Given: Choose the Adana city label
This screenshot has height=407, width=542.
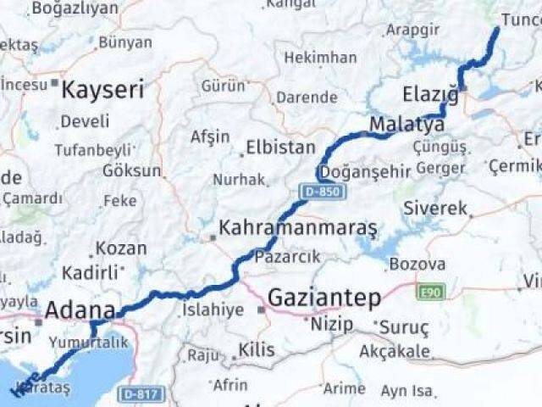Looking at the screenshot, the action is point(80,310).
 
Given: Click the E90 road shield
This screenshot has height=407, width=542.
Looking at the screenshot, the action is point(429,293).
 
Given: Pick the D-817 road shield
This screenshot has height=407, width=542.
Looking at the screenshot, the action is point(139,393).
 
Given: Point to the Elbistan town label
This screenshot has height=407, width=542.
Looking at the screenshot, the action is point(280,148).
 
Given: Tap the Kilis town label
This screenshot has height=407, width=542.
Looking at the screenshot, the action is point(257,349).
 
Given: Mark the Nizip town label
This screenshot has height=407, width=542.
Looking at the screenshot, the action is point(332,324).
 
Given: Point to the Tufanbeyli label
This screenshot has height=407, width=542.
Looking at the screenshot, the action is point(94,150).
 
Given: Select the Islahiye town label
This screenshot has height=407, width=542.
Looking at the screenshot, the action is point(213,309).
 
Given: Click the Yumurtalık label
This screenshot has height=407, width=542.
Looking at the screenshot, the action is point(88,342).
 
